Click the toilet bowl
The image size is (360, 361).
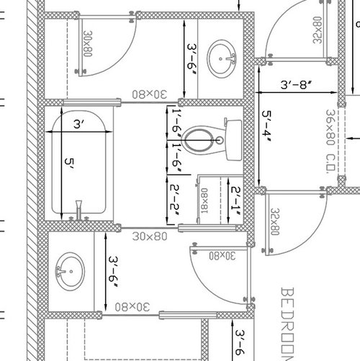coord(197,140)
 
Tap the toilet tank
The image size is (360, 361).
coord(233,140)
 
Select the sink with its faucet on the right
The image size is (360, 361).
coord(222,59)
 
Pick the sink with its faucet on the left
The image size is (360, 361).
coord(70,271)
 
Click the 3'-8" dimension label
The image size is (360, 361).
coord(297,85)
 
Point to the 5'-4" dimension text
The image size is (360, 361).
coord(266,127)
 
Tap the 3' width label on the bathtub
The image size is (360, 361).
coord(78,124)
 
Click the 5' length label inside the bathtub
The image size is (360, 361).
coord(69,165)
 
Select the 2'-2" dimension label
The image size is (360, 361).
coord(174,201)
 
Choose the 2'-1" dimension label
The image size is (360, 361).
coord(235,201)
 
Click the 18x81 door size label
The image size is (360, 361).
coord(204,201)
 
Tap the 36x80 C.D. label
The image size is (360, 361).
coord(330,142)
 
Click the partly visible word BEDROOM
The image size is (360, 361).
coord(287,324)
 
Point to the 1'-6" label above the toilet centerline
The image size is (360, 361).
coord(177,123)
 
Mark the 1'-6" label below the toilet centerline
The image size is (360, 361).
coord(177,157)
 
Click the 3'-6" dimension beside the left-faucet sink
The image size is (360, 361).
coord(114,272)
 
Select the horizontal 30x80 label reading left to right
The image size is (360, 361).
coord(150,237)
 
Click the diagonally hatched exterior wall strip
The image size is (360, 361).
coord(32,180)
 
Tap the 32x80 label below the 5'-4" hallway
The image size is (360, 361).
coord(275,221)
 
